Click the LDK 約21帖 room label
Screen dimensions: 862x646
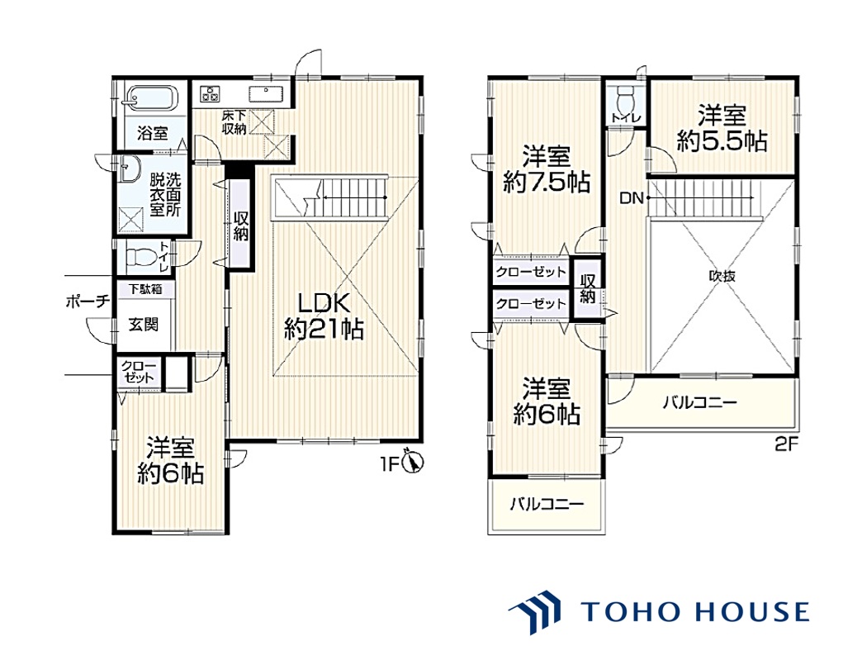point(324,316)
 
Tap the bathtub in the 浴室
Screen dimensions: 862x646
point(150,99)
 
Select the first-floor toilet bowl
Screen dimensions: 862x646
point(141,256)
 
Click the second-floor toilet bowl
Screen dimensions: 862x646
point(626,99)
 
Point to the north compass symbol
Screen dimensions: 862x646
point(414,461)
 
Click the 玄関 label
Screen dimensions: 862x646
point(143,324)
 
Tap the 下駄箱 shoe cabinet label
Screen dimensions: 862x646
point(145,289)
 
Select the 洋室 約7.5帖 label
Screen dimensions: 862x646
point(547,169)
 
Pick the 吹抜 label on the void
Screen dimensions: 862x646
point(722,276)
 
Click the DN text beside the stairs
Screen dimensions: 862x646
point(631,197)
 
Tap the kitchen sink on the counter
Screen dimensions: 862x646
point(266,94)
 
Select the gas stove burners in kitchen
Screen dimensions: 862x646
point(210,93)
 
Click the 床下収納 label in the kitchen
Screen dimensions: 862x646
point(234,122)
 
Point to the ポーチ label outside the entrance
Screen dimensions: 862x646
point(88,301)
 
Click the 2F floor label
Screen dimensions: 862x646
point(786,444)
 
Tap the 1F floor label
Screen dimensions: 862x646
point(389,464)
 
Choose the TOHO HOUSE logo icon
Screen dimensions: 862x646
point(535,610)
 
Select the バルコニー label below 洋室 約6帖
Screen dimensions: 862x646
point(547,503)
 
